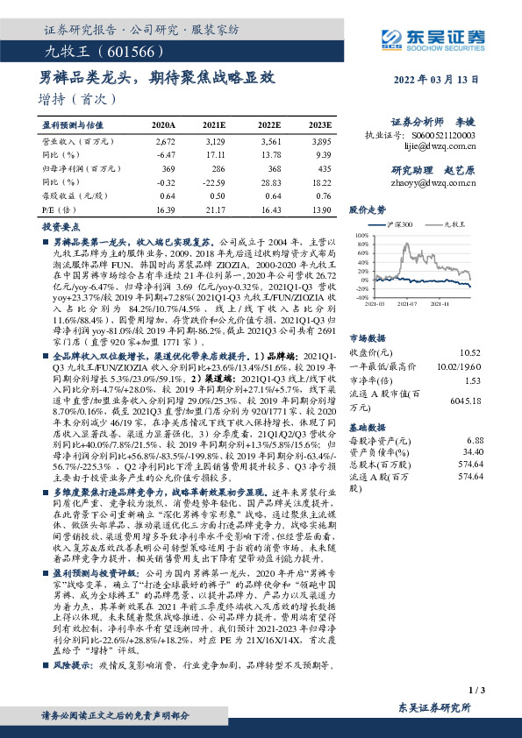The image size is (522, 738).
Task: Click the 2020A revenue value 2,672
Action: click(x=165, y=140)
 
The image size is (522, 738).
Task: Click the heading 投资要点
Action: click(x=61, y=225)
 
